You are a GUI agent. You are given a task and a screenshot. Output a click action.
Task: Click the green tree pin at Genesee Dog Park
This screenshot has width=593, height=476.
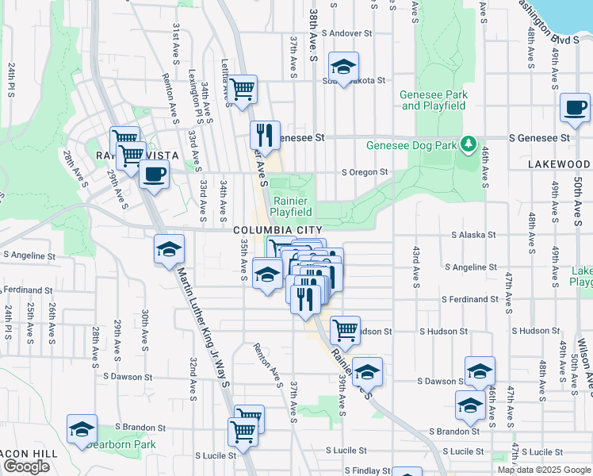click(x=469, y=144)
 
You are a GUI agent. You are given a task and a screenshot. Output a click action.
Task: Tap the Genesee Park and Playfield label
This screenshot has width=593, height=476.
click(x=434, y=100)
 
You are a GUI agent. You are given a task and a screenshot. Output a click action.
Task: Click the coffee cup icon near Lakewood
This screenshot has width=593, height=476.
click(x=575, y=108)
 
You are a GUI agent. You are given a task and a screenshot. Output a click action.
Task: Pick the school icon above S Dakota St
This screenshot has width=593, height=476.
click(x=343, y=67)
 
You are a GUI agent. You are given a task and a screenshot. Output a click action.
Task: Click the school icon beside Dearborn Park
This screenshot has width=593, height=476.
click(x=82, y=429)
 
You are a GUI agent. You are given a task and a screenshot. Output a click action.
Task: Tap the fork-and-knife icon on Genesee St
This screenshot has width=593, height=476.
click(x=266, y=134)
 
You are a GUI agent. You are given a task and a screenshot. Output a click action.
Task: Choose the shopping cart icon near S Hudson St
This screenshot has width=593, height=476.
click(x=345, y=329)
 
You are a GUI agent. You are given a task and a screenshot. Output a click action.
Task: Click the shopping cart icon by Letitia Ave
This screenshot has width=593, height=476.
click(x=243, y=88)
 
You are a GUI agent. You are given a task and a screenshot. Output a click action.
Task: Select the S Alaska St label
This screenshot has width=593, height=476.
click(x=473, y=235)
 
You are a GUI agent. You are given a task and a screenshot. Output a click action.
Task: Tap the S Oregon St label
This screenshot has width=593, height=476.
click(x=365, y=171)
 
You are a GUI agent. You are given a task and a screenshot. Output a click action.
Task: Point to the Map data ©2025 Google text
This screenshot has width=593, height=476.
click(x=543, y=470)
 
